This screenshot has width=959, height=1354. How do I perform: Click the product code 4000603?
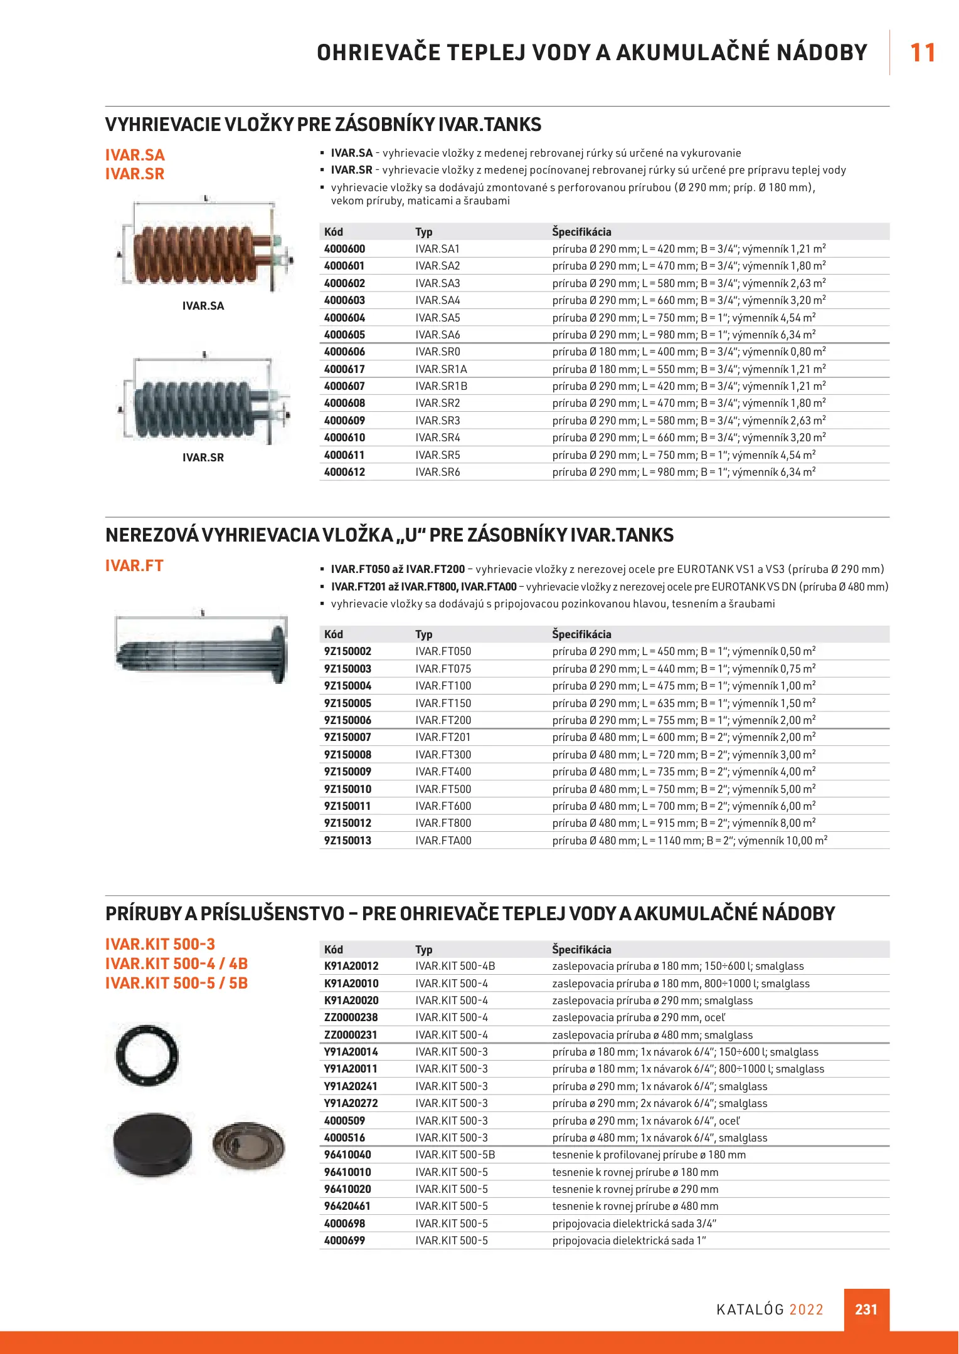pyautogui.click(x=344, y=300)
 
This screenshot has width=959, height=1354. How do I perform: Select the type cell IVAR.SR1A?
pyautogui.click(x=441, y=369)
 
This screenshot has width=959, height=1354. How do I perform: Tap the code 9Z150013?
pyautogui.click(x=347, y=841)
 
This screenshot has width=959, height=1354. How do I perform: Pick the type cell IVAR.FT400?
pyautogui.click(x=443, y=772)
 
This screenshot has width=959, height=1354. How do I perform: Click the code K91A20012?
pyautogui.click(x=351, y=966)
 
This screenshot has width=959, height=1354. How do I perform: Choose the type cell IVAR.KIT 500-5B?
pyautogui.click(x=455, y=1155)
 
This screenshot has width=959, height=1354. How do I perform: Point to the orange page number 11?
pyautogui.click(x=922, y=53)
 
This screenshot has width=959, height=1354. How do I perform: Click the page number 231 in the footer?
pyautogui.click(x=866, y=1309)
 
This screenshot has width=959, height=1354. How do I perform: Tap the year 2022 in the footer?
pyautogui.click(x=806, y=1309)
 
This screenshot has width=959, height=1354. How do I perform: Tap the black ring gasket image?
pyautogui.click(x=147, y=1055)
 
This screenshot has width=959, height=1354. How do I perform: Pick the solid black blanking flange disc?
pyautogui.click(x=154, y=1145)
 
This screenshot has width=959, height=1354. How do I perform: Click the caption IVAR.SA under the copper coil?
pyautogui.click(x=203, y=306)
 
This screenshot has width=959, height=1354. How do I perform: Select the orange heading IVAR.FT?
pyautogui.click(x=134, y=565)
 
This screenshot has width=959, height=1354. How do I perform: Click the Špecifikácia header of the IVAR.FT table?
pyautogui.click(x=581, y=634)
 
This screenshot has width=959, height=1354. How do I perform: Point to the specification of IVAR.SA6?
pyautogui.click(x=684, y=335)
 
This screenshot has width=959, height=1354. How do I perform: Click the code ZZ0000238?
pyautogui.click(x=351, y=1017)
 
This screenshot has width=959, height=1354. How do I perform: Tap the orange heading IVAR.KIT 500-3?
pyautogui.click(x=160, y=944)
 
